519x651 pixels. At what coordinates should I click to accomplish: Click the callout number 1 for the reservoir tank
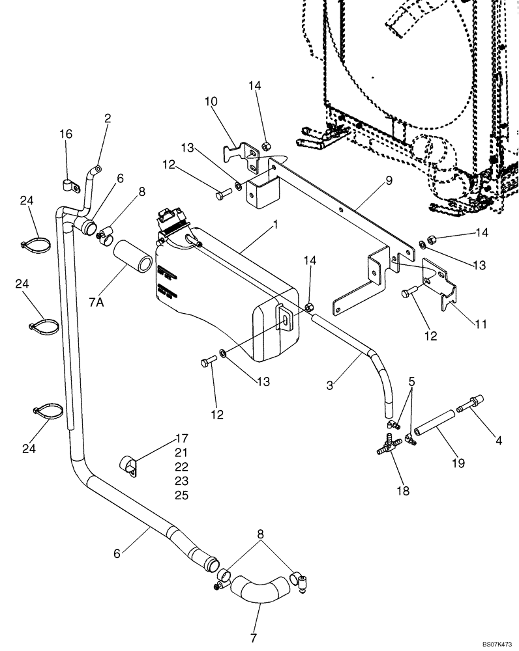click(x=276, y=225)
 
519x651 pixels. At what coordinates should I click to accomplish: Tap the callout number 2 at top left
click(x=108, y=118)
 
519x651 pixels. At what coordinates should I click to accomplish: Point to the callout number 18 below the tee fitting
click(x=403, y=490)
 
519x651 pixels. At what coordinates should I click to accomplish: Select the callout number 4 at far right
click(x=498, y=440)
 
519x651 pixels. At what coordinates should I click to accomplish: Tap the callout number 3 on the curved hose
click(x=332, y=385)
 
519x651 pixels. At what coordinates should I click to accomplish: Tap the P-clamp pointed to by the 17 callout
click(x=128, y=466)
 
